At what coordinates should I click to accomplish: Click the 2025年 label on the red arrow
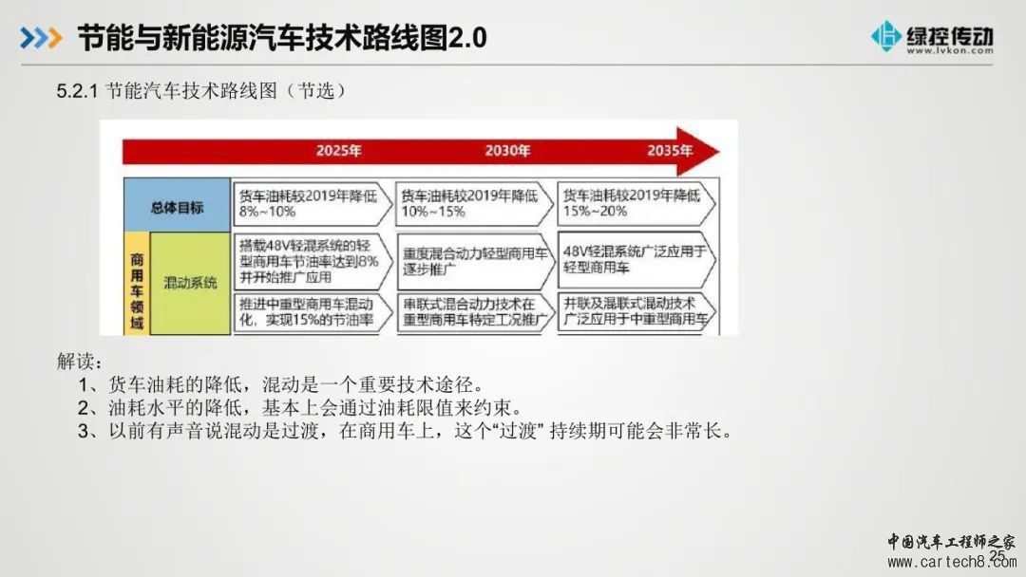coord(339,151)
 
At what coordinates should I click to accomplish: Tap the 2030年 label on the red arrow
coord(507,151)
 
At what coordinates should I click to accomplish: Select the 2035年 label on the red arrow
coord(670,151)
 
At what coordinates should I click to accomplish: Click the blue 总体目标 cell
coord(177,205)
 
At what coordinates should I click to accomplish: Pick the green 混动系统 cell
coord(190,284)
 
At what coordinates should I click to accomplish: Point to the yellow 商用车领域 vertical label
coord(137,290)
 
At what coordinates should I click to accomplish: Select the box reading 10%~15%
coord(474,203)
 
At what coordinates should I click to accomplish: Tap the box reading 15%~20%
coord(636,203)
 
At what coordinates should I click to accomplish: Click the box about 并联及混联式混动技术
coord(636,311)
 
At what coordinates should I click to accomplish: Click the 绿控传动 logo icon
coord(886,36)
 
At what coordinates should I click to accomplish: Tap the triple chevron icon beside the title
coord(41,38)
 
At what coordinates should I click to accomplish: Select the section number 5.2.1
coord(77,91)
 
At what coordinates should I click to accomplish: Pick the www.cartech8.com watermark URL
coord(952,561)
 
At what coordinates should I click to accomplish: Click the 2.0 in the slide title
coord(467,38)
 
